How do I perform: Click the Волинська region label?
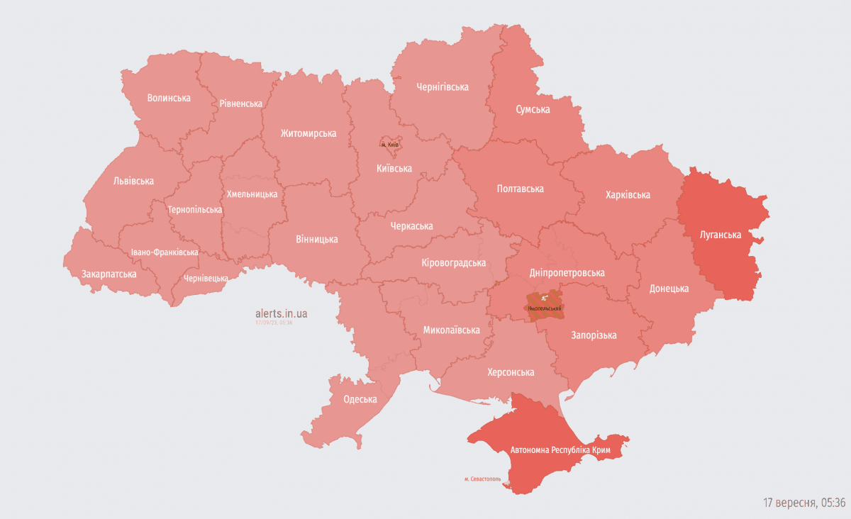click(x=169, y=98)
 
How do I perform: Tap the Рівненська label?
click(x=240, y=104)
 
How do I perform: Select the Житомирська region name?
click(x=308, y=133)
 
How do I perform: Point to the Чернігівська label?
click(x=442, y=87)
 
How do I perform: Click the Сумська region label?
click(x=533, y=109)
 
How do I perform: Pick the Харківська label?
click(x=628, y=195)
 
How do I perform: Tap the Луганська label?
click(x=720, y=235)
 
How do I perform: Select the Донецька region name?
click(x=669, y=289)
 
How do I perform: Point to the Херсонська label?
click(x=511, y=372)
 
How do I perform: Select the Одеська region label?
click(x=360, y=399)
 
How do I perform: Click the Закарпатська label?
click(x=109, y=274)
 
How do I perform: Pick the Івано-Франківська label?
click(x=165, y=252)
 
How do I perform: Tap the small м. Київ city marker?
click(x=390, y=144)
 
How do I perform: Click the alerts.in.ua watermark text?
click(x=282, y=313)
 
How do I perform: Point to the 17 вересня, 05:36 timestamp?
click(x=804, y=503)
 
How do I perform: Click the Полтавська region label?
click(x=520, y=189)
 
